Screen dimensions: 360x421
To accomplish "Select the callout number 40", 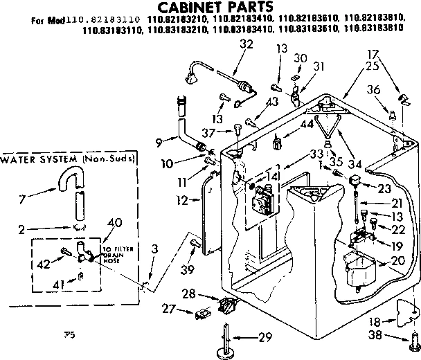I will pyautogui.click(x=116, y=222).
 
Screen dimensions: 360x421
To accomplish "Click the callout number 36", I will pyautogui.click(x=374, y=89).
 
